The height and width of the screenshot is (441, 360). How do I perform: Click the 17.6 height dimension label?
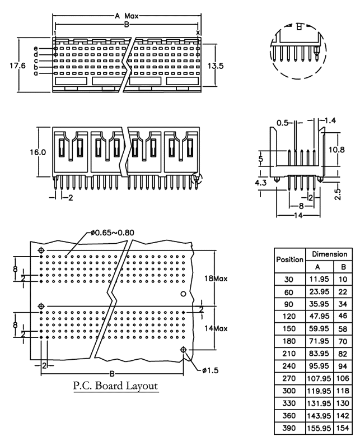point(17,66)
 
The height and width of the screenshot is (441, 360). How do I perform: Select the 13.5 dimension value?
point(216,66)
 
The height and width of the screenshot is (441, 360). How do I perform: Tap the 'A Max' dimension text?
point(127,16)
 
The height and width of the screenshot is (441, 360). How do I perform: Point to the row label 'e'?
point(36,49)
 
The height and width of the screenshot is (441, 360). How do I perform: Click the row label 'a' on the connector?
point(36,73)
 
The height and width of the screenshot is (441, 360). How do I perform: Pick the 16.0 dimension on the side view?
point(38,152)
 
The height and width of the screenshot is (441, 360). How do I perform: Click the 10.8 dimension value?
point(336,150)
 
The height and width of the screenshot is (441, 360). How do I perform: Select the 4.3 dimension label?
point(260,183)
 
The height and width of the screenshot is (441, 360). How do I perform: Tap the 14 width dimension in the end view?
point(298,216)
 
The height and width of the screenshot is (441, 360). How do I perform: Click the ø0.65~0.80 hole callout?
point(112,233)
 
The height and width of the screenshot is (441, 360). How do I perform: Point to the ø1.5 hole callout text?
point(210,370)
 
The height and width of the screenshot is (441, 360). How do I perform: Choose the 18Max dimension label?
point(216,278)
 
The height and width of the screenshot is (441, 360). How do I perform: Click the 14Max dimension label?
point(216,328)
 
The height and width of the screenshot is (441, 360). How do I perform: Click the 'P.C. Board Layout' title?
point(115,386)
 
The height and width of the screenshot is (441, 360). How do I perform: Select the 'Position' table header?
point(290,259)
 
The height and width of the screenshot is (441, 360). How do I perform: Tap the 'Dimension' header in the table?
point(330,254)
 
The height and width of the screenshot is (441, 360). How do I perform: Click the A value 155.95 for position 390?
point(319,428)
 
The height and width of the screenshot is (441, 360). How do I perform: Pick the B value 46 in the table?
point(343,316)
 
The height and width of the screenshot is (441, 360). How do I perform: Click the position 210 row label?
point(289,353)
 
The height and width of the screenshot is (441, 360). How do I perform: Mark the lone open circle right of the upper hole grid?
point(183,294)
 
